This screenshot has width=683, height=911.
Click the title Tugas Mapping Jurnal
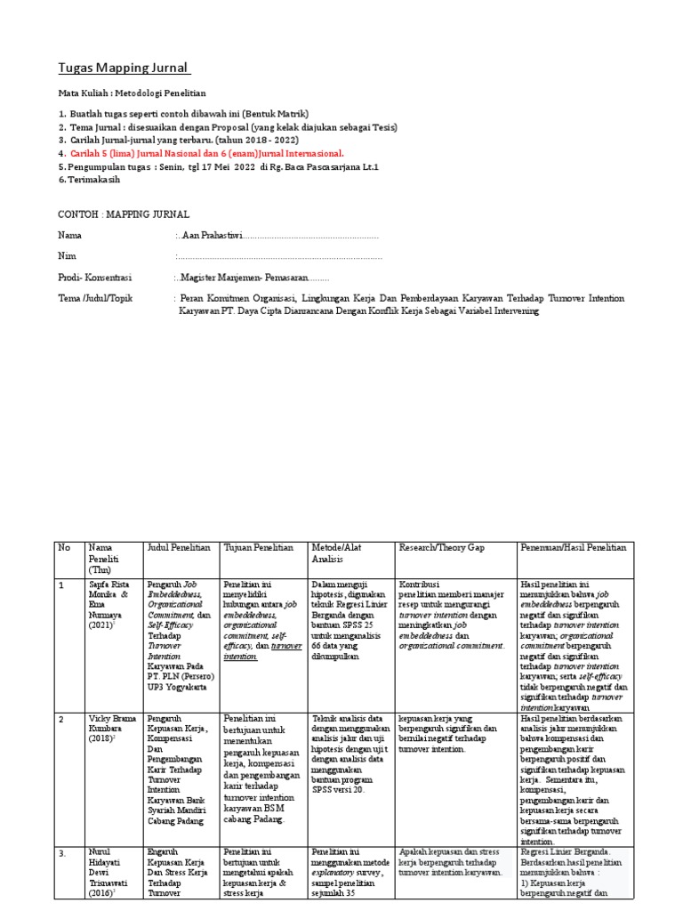125,69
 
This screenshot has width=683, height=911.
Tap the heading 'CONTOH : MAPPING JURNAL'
124,214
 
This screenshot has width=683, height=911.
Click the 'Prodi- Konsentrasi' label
94,278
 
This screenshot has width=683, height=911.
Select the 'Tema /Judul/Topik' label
94,299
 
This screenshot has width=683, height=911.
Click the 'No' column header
63,547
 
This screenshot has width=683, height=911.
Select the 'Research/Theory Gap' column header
445,547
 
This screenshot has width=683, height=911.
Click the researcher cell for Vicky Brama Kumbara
110,727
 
